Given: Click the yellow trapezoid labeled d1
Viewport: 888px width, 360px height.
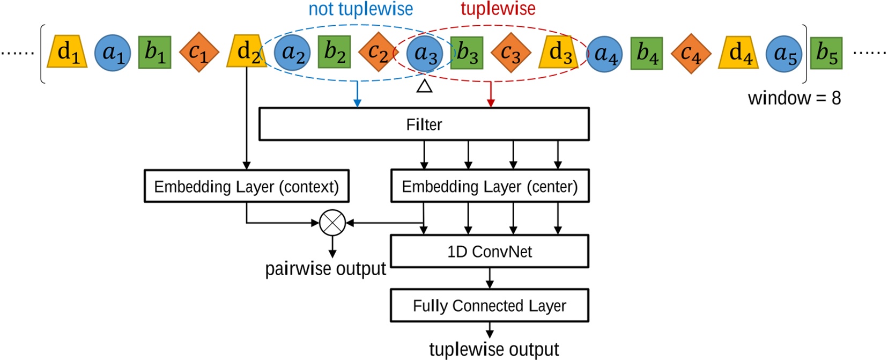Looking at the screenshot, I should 67,53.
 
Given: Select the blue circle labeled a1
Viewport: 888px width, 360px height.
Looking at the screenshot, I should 112,53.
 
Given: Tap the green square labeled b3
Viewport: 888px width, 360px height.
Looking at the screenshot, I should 467,53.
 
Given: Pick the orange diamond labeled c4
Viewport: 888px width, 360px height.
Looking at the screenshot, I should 691,53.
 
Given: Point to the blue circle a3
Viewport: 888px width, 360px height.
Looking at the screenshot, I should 424,53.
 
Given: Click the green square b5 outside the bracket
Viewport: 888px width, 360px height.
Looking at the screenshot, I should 826,53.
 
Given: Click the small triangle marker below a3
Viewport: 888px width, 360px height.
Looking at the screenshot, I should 424,86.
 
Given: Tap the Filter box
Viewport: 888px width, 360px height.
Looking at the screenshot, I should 424,124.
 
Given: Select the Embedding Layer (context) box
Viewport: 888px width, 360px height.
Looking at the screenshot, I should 246,186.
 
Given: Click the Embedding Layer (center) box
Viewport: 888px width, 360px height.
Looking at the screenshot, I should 490,186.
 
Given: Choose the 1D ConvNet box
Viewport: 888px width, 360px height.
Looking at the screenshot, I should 489,251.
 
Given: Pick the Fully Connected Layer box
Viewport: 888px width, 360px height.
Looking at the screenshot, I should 489,305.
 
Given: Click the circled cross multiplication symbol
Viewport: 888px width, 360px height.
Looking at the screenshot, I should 332,223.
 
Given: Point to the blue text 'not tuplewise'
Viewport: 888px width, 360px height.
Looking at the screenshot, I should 360,9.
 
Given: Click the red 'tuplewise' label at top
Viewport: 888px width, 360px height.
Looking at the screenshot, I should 498,9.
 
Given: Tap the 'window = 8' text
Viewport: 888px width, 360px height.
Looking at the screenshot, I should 794,98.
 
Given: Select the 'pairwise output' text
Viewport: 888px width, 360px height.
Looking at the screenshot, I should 325,268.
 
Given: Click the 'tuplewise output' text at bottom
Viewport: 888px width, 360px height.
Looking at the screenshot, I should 493,349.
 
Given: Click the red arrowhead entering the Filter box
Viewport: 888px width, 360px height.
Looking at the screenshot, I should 491,103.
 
